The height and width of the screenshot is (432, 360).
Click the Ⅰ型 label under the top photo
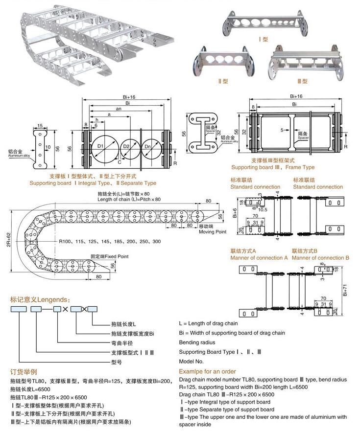click(x=265, y=40)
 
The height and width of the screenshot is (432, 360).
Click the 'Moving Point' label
click(x=213, y=231)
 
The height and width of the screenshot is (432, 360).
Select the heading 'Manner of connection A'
click(x=259, y=257)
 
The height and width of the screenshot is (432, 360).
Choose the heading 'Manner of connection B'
click(x=320, y=257)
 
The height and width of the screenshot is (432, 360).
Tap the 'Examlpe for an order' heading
click(x=207, y=371)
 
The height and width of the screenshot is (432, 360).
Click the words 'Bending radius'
click(x=197, y=342)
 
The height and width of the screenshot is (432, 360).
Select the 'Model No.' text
click(x=191, y=361)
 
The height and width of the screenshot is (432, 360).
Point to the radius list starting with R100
click(x=110, y=242)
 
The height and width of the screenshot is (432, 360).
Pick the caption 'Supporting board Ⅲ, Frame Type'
click(x=283, y=167)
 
